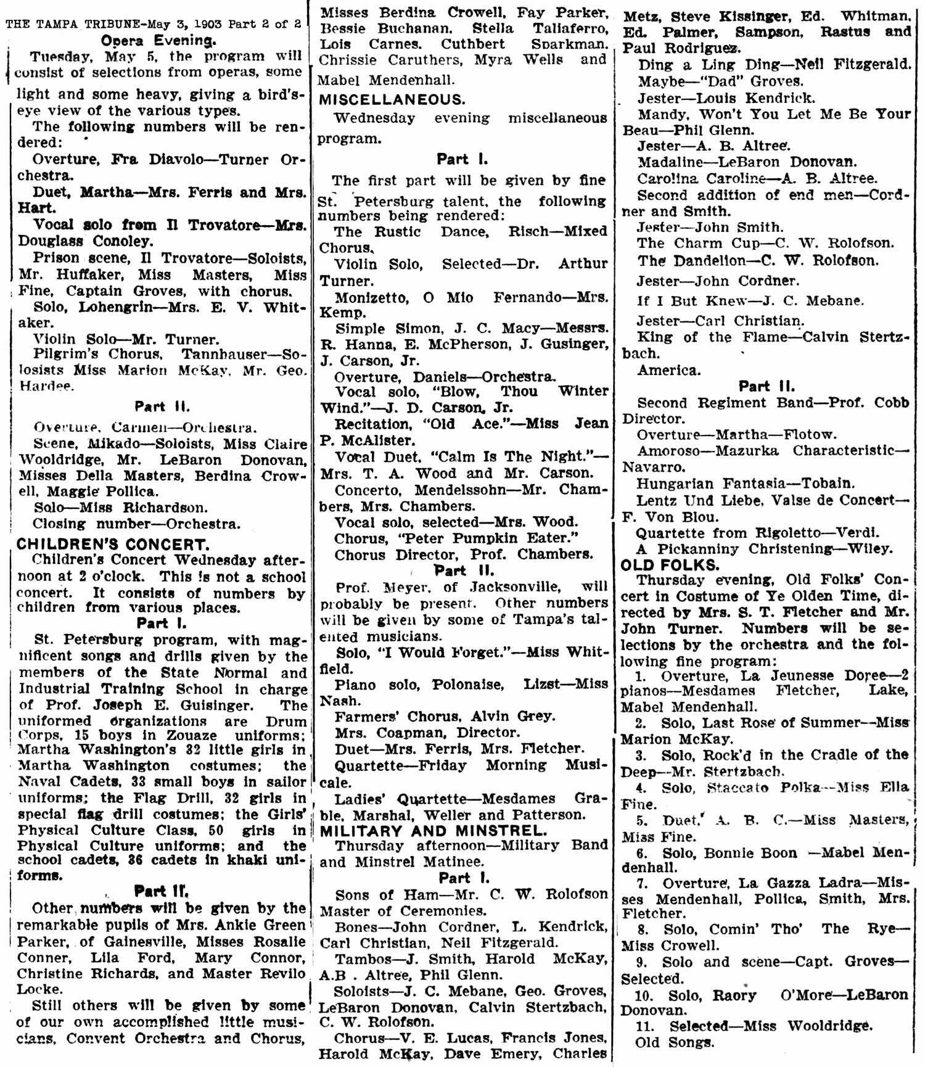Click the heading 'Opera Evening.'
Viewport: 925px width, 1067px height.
click(158, 41)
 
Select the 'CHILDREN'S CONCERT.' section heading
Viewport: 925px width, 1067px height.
click(112, 545)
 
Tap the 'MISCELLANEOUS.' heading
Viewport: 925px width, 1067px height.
click(392, 100)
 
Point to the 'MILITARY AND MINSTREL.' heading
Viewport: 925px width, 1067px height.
click(434, 831)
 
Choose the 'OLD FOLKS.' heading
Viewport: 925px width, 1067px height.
click(662, 565)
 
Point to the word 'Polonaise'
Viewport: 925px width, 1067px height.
click(468, 685)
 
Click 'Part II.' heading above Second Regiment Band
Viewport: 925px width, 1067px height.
click(767, 387)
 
